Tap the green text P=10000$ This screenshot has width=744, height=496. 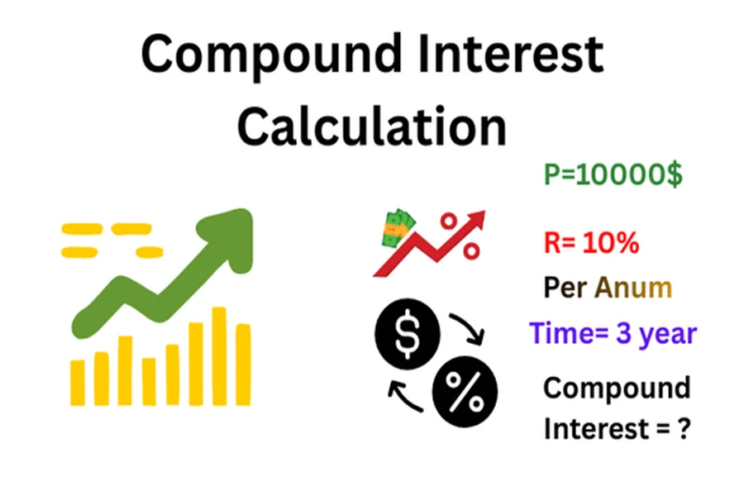pos(613,175)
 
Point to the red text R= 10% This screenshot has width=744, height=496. pos(591,244)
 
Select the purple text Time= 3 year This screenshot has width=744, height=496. pos(613,333)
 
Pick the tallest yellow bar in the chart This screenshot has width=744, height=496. pos(219,355)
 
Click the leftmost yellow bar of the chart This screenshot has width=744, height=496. pos(77,382)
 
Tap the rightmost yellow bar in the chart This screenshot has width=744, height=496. pos(243,364)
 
